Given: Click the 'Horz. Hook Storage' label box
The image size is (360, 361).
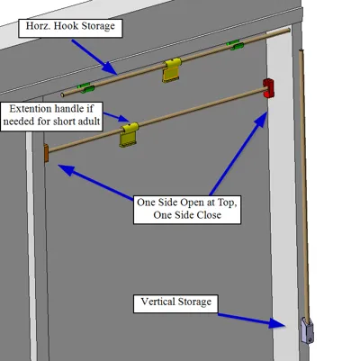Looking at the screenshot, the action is coord(70,29).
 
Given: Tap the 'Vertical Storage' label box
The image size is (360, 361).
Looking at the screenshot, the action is coord(175,304).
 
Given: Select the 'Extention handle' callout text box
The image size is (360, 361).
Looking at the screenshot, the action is coord(51,116).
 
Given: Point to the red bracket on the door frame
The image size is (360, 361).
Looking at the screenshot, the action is coord(268,88).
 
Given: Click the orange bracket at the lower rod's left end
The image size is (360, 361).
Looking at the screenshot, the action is coord(46,153).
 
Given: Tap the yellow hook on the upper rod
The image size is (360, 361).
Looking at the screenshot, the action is coord(172,70).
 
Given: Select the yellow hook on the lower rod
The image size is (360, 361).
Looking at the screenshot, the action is coord(130,134).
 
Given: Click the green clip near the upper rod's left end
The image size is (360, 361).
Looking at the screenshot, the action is coord(85,87).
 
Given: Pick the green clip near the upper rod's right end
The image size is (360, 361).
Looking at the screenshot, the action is coord(235,45).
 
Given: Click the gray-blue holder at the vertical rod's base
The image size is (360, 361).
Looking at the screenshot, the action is coord(307,330).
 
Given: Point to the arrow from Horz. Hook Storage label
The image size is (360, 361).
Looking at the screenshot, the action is coord(94,56).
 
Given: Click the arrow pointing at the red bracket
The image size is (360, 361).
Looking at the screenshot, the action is coord(238,153).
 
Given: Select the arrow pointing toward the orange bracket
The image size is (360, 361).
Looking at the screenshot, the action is coord(95,182).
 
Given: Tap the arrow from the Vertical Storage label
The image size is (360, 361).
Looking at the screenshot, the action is coord(252,320).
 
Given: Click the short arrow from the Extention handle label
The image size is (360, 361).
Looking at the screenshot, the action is coord(117,117).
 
